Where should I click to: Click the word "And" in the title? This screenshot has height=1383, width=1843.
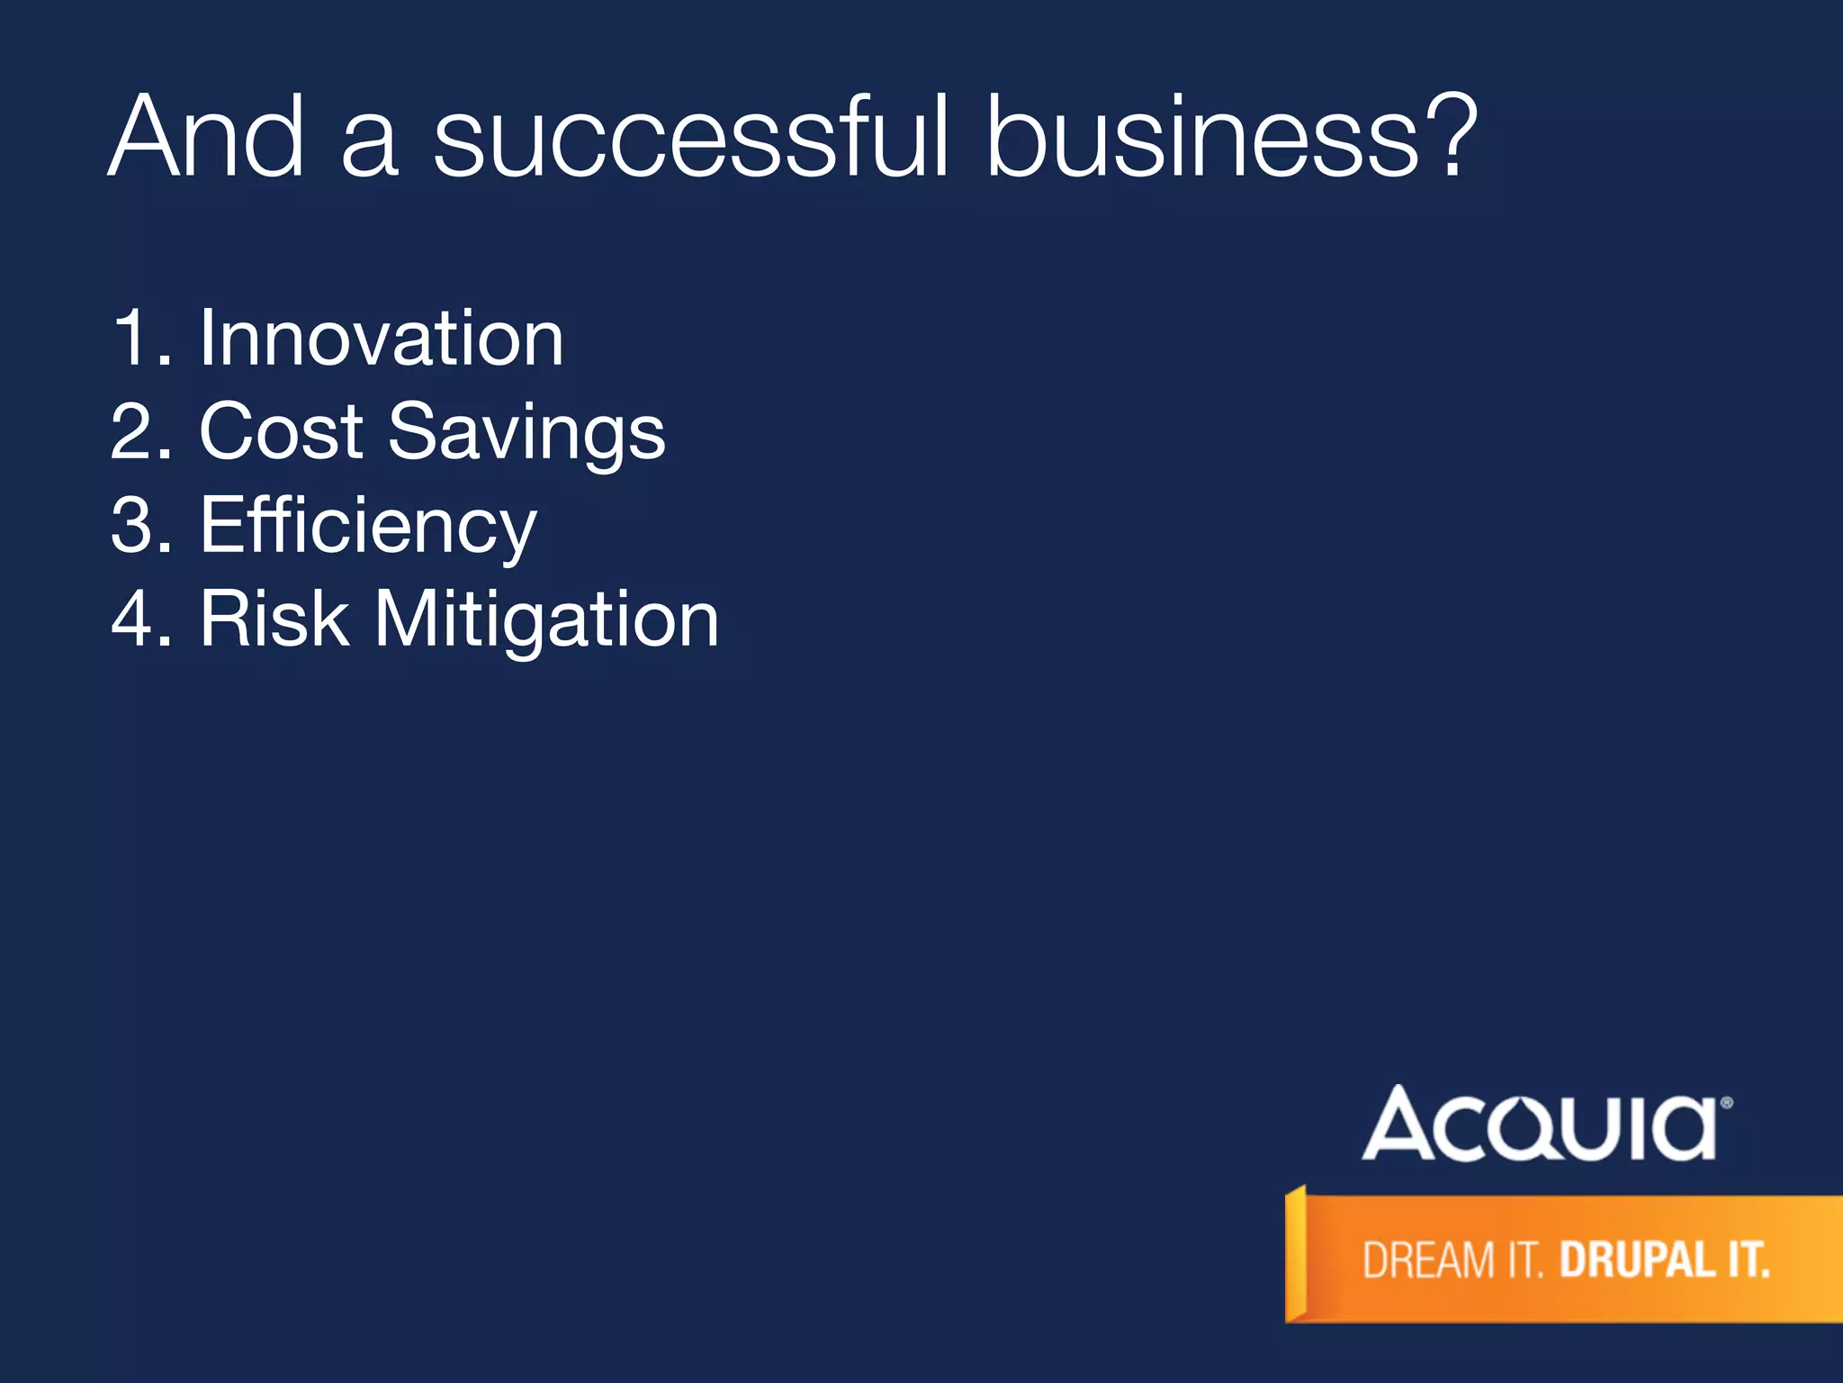pyautogui.click(x=206, y=137)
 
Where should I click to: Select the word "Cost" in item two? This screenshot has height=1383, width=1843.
pyautogui.click(x=281, y=431)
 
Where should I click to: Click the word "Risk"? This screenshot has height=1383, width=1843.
pyautogui.click(x=274, y=619)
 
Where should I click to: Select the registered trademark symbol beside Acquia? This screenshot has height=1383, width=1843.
pyautogui.click(x=1726, y=1102)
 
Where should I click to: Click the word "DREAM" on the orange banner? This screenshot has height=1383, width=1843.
pyautogui.click(x=1428, y=1260)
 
